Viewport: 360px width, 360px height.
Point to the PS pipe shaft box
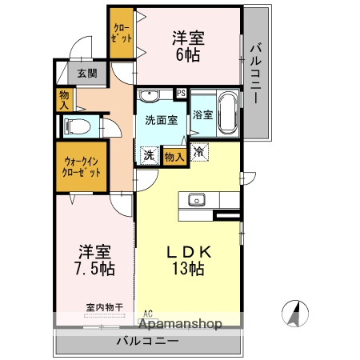(181, 93)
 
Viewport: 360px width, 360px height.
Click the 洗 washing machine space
(149, 155)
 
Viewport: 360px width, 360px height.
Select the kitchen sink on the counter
(197, 200)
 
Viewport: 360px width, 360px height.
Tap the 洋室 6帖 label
(190, 46)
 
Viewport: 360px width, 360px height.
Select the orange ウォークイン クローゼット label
(81, 167)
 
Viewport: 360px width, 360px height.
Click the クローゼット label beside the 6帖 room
(122, 31)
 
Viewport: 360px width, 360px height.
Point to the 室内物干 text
(104, 306)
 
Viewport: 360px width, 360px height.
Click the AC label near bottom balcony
(148, 314)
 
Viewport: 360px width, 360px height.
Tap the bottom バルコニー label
(148, 340)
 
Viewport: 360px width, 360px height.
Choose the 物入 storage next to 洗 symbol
(174, 156)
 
